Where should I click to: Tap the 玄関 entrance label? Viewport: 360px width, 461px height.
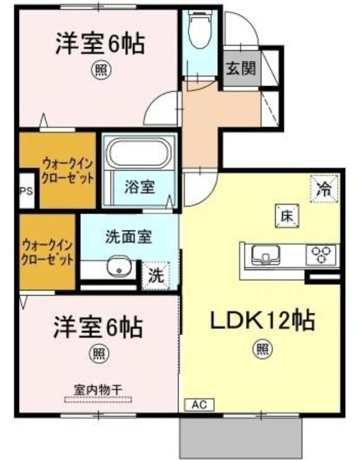point(241,69)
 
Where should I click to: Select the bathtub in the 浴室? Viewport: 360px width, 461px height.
point(139,153)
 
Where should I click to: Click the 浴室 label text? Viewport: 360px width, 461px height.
point(139,187)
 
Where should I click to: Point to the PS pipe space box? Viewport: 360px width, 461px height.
point(26,191)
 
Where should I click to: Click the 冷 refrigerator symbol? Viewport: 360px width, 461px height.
point(324,189)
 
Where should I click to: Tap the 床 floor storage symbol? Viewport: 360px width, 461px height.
point(287,217)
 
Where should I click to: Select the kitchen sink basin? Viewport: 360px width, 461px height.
point(266,255)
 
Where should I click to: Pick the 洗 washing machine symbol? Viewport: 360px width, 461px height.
point(156,276)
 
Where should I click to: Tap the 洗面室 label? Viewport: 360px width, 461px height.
point(128,237)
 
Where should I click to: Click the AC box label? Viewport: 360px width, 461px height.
point(199,405)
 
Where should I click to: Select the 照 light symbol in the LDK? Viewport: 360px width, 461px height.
point(263,349)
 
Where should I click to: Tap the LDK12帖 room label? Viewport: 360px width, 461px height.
point(263,320)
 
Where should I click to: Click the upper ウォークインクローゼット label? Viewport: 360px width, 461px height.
point(67,171)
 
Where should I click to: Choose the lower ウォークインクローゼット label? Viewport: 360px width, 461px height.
point(47,252)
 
